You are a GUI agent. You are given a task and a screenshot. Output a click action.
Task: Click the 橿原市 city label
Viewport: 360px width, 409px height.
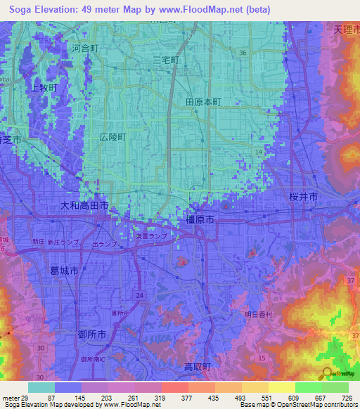[200, 220]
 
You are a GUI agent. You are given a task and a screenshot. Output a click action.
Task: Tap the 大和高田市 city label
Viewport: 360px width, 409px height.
[83, 207]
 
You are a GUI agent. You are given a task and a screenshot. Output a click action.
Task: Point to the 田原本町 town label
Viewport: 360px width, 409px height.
[203, 102]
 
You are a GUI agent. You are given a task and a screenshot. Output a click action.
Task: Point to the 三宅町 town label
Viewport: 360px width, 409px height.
[167, 61]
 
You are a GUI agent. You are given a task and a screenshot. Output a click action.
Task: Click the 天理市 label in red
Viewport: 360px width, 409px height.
[345, 30]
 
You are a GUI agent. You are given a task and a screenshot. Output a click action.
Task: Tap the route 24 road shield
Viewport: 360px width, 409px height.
[139, 295]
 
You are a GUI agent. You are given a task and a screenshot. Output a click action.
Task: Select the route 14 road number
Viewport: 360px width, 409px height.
[259, 152]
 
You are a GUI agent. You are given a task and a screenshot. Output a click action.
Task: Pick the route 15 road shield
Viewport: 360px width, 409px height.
[262, 359]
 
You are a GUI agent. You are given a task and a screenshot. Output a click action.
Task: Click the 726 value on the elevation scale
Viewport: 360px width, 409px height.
[347, 398]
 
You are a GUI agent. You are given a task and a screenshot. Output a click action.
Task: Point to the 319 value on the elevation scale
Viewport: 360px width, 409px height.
[148, 398]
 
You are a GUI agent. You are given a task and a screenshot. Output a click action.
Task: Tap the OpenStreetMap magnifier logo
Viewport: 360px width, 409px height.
[326, 373]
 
